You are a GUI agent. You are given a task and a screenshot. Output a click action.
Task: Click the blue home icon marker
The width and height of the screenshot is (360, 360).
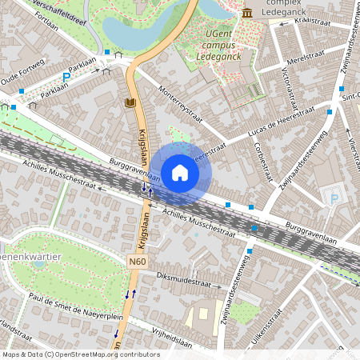(180, 173)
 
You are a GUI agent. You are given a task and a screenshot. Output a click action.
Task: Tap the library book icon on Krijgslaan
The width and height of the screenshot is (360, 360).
(130, 103)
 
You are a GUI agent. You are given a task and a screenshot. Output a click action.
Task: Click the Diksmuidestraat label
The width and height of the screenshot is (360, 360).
(189, 282)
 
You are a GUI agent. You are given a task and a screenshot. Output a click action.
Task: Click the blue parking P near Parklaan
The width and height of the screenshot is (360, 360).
(66, 78)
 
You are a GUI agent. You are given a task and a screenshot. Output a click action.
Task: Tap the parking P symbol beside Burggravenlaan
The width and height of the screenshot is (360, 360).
(334, 198)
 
